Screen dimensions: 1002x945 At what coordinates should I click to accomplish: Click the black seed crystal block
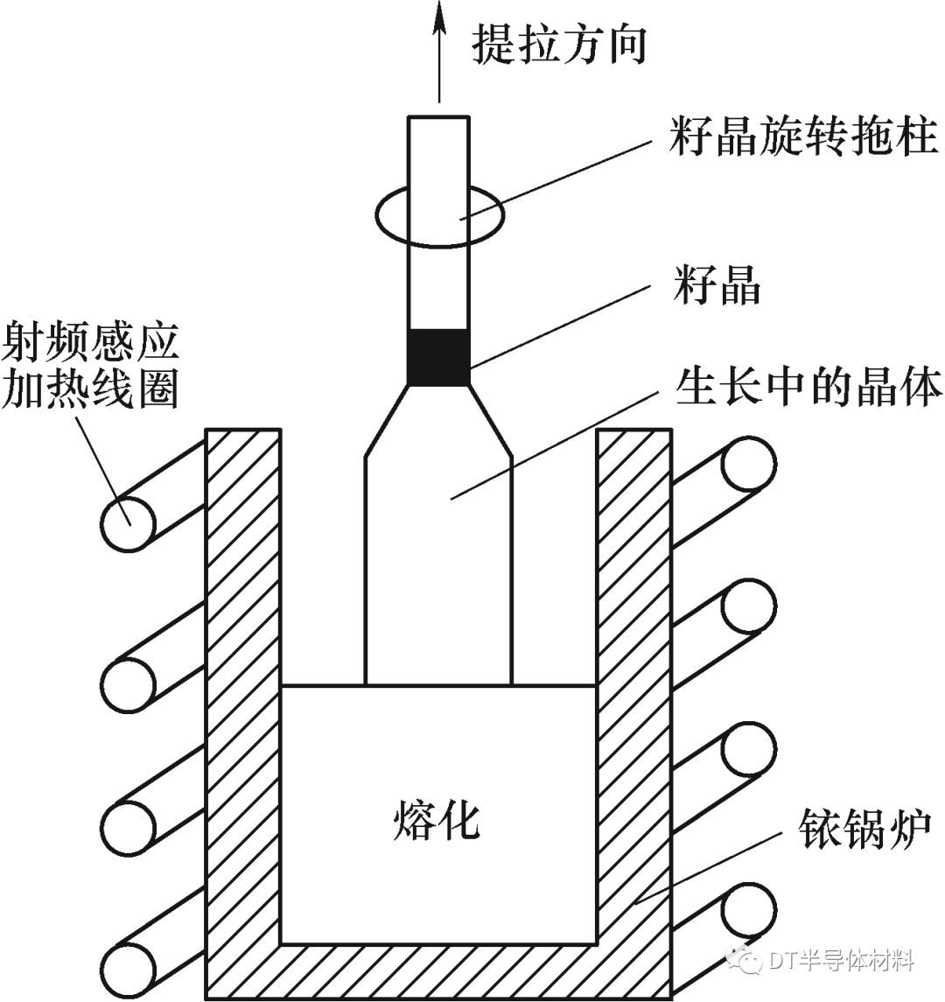439,356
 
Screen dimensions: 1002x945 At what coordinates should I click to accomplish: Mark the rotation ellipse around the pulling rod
439,213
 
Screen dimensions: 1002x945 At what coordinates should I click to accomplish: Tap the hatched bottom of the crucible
437,973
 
